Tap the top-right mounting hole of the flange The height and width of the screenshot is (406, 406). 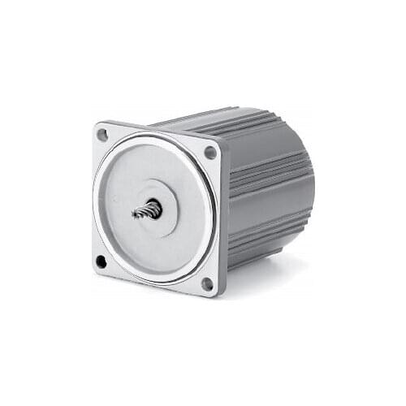pos(210,152)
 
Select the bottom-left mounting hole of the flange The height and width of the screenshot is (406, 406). pos(101,261)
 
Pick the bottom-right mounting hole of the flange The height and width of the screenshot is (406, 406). pos(207,283)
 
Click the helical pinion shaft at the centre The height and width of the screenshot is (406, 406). pos(146,210)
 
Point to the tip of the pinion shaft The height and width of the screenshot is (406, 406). pos(135,214)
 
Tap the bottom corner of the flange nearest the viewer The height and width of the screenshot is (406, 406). pos(213,295)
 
